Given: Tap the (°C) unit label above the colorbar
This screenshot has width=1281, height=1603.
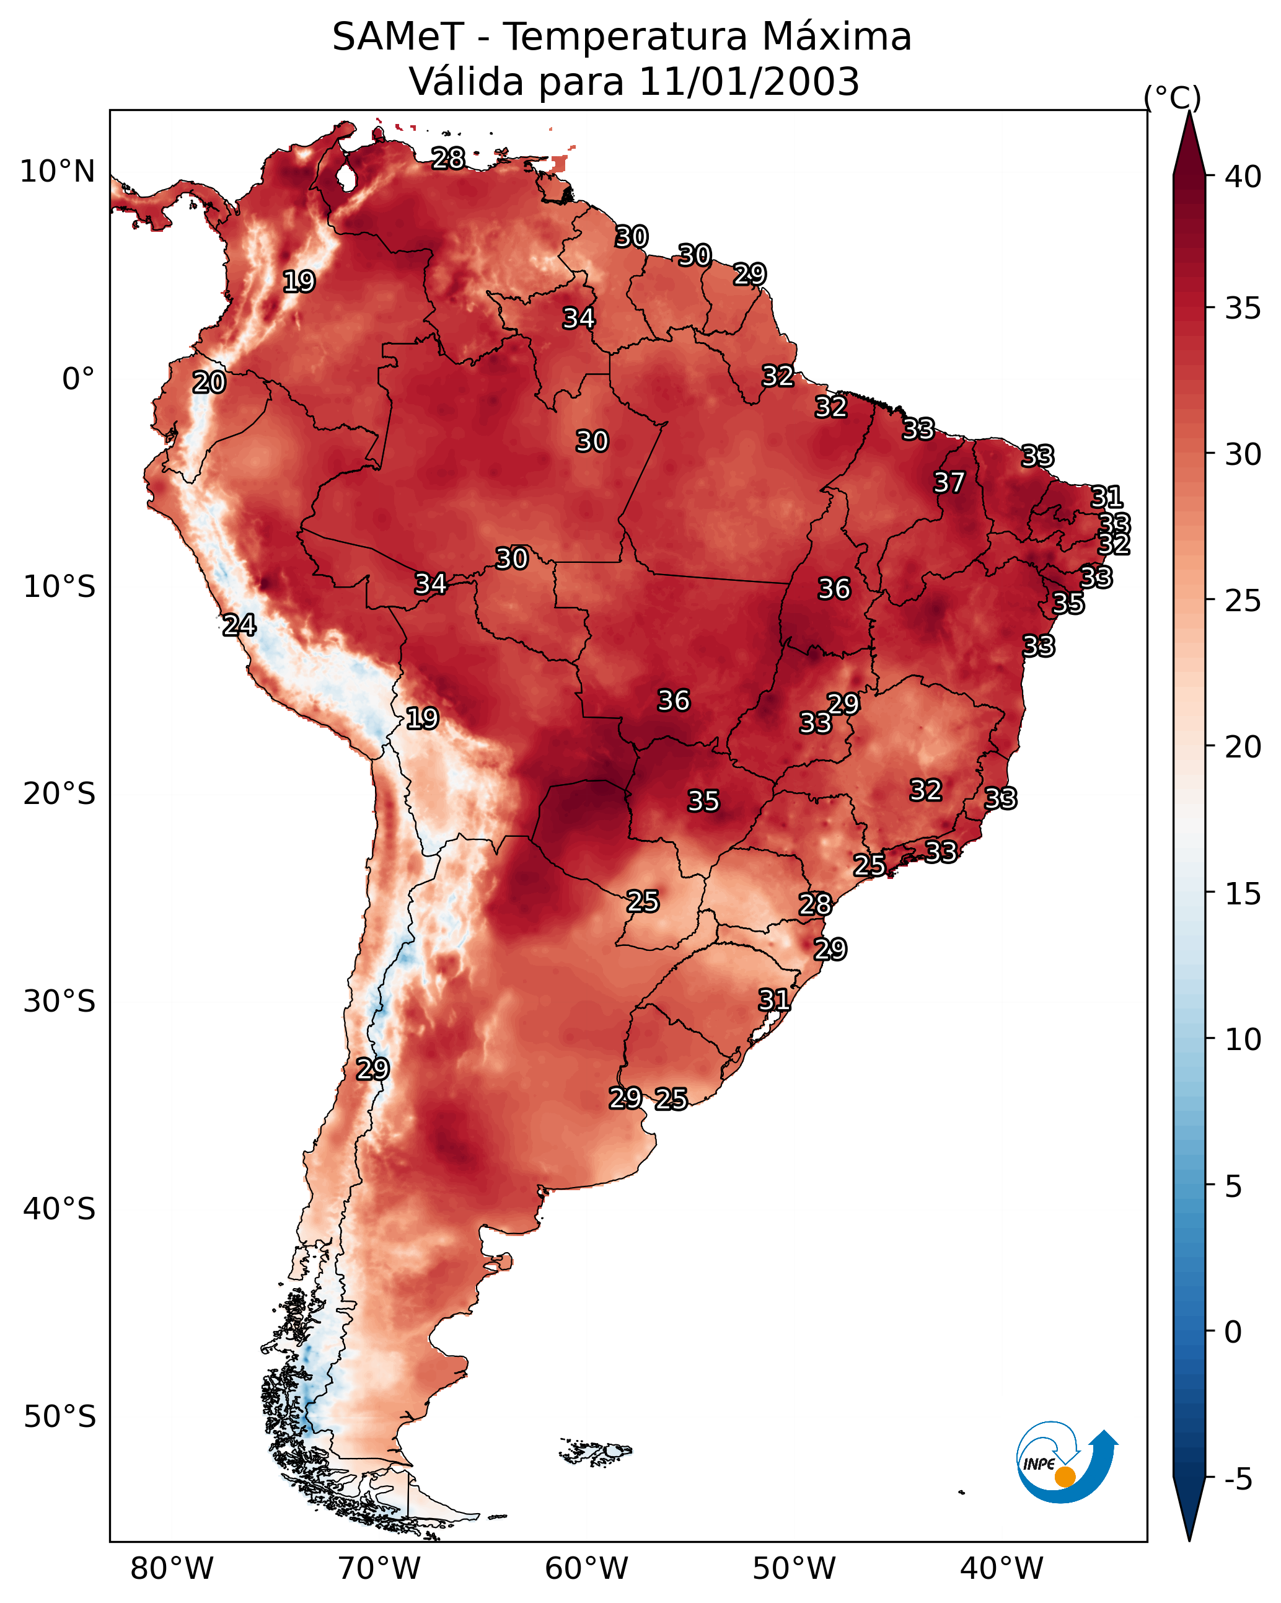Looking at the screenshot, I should [1172, 97].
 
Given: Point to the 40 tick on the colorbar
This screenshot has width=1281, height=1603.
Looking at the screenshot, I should [1243, 177].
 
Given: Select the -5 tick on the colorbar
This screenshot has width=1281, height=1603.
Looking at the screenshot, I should [1239, 1480].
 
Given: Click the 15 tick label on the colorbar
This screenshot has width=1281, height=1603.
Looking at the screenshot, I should [1243, 894].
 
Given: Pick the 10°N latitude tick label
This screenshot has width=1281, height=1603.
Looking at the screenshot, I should [57, 172].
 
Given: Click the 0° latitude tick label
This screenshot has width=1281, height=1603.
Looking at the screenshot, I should [78, 379].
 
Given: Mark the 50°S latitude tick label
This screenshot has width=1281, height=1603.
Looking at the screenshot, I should [59, 1417].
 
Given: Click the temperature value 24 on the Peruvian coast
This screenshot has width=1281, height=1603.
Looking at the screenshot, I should [239, 625].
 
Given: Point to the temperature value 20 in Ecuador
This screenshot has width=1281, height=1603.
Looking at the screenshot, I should [209, 383].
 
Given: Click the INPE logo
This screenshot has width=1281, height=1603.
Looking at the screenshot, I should [1065, 1462].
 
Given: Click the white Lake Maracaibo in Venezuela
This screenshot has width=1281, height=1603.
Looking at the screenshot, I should [346, 177].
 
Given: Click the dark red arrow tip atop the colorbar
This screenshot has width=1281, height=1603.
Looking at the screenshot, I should [1189, 141].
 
